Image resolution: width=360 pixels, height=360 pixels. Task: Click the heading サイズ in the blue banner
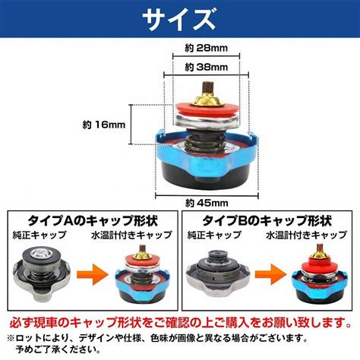(179, 20)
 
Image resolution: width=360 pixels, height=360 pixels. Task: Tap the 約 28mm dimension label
(206, 48)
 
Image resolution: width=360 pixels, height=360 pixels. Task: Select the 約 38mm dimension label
(206, 68)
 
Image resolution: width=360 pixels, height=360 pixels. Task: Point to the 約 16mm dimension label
(104, 125)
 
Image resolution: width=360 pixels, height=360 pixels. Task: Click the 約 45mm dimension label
(207, 203)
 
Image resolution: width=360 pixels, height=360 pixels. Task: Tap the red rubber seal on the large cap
(207, 110)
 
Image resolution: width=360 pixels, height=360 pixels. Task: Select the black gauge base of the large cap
(205, 176)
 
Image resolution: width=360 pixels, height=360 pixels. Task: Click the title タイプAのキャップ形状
(93, 221)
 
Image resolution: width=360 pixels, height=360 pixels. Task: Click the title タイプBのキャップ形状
(267, 221)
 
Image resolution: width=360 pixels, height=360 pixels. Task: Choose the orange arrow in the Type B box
(270, 274)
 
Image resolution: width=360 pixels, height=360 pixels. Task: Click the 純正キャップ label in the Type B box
(214, 235)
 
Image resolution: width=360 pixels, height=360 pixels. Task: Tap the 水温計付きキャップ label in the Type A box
(131, 235)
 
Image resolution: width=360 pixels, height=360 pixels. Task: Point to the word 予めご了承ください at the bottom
(58, 349)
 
